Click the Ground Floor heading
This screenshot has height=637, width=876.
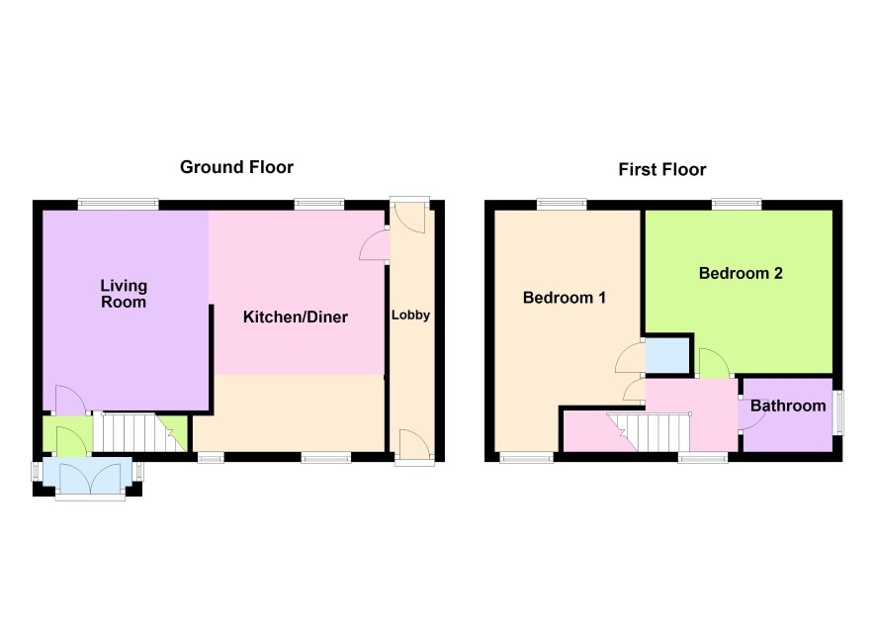point(236,167)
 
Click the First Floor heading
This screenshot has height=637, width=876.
point(662,169)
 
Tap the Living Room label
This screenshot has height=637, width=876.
point(124,294)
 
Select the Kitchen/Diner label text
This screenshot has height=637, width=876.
point(296,317)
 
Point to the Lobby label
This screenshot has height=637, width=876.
point(410,316)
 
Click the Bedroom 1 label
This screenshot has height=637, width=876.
point(565,298)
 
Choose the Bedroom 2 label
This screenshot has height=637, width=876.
point(741,273)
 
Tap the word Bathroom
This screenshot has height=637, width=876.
point(788,406)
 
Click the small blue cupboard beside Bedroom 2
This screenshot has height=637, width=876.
point(667,355)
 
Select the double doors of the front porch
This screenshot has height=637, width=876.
point(89,478)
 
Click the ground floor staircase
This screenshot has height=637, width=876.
point(138,432)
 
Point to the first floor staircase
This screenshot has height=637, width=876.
point(650,432)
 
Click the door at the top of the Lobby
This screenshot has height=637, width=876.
point(409,219)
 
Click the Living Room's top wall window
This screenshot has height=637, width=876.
point(119,204)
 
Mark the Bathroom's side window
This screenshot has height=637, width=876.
point(838,412)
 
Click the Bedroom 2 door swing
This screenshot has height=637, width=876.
point(714,363)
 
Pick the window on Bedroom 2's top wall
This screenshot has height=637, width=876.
point(737,204)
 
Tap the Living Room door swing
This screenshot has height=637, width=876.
point(70,400)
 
